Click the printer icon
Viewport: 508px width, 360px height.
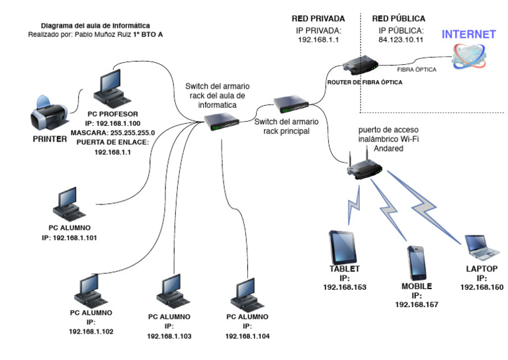50,112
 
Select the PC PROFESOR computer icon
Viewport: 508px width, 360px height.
112,89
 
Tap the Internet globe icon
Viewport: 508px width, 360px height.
469,56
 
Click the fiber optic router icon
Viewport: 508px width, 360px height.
360,65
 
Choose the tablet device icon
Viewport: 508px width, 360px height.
343,247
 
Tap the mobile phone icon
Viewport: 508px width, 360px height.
416,263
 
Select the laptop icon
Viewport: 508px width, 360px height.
482,247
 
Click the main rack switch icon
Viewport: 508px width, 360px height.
291,104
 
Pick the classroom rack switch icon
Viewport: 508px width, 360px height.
222,122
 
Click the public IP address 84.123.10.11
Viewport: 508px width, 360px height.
401,40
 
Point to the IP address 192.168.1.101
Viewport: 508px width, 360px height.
75,238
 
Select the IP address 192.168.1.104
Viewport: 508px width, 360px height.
247,336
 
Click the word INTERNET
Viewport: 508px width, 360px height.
469,34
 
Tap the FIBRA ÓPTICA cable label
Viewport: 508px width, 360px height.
417,69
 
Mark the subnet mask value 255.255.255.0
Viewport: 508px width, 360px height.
132,133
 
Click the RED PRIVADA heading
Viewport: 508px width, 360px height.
318,19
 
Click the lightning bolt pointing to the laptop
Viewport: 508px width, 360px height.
424,207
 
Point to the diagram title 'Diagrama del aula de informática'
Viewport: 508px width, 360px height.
95,26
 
